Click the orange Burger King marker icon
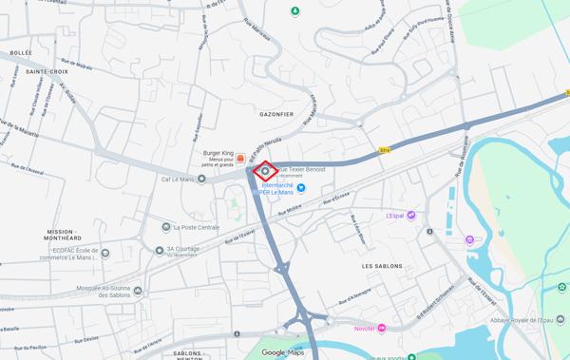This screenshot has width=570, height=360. tap(241, 157)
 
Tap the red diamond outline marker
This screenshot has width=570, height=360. tap(265, 171)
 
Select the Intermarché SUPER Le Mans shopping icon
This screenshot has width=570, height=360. tap(301, 187)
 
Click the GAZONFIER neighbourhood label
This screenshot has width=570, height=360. tap(276, 114)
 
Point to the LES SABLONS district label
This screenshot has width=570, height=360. tap(382, 266)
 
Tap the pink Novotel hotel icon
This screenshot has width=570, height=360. tap(382, 328)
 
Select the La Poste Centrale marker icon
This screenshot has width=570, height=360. tap(165, 227)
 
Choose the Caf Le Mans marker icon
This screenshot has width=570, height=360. tap(201, 179)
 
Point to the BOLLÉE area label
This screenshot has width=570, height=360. tap(20, 53)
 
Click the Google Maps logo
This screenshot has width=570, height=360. tap(282, 352)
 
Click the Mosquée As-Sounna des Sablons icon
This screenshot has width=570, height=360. tap(138, 290)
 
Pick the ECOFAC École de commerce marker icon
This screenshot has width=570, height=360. tap(104, 254)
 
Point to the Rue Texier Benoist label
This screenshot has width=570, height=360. tap(302, 169)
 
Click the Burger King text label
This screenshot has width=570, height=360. tap(218, 153)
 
